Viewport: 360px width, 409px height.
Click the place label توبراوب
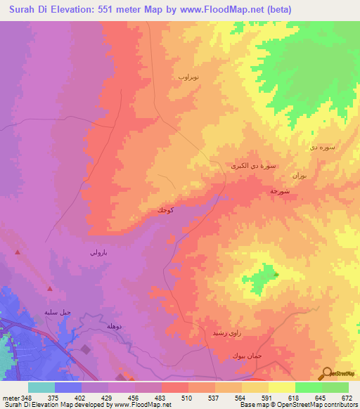tap(190, 75)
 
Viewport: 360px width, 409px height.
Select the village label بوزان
tap(298, 174)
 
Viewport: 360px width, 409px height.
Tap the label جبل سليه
tap(58, 311)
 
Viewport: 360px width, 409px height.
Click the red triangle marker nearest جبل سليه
tap(50, 288)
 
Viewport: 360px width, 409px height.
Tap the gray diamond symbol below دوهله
tap(86, 349)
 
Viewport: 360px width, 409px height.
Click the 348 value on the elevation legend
tap(27, 398)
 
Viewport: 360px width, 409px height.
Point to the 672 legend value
tap(347, 398)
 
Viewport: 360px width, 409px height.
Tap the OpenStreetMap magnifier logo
tap(327, 373)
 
